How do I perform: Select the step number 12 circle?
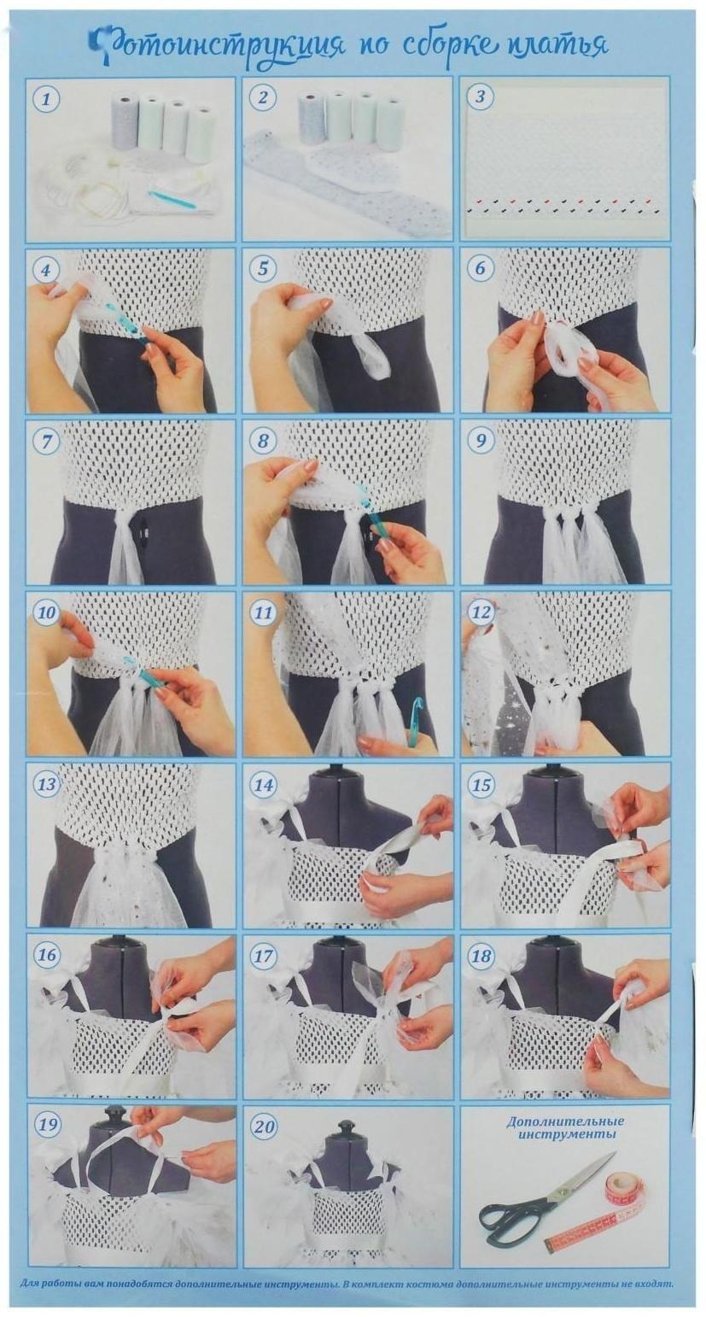click(x=481, y=612)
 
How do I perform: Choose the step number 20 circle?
click(x=264, y=1127)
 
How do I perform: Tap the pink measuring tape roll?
click(x=618, y=1179)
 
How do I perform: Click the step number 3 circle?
click(x=481, y=97)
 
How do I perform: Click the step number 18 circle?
click(x=481, y=954)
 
